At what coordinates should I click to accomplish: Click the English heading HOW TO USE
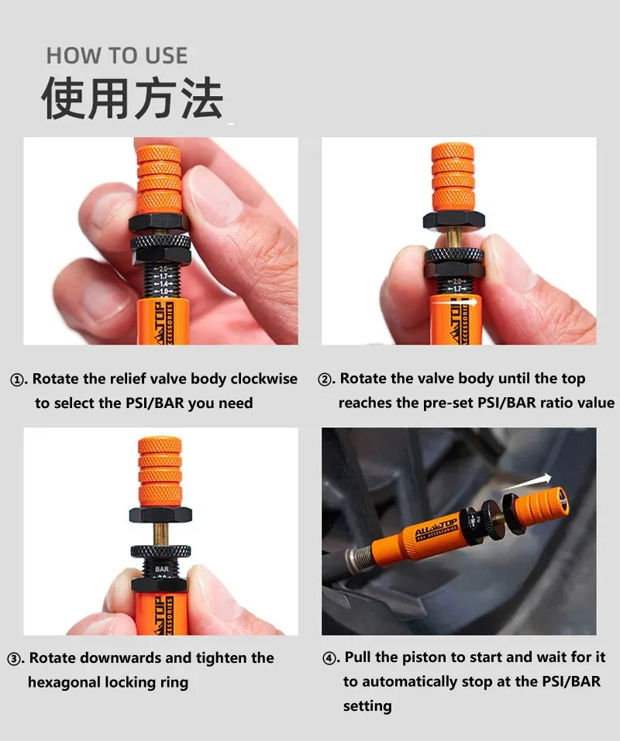tap(117, 56)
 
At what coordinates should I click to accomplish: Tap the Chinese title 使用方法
tap(133, 98)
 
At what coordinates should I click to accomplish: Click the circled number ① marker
tap(17, 380)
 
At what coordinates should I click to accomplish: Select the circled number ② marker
tap(325, 379)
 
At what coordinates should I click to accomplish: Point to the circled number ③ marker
tap(14, 659)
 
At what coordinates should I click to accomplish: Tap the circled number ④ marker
tap(329, 658)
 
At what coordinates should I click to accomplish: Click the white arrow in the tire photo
tap(526, 482)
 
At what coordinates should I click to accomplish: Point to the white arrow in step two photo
tap(455, 301)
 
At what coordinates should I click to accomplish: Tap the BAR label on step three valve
tap(162, 569)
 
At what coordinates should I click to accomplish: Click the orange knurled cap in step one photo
tap(160, 179)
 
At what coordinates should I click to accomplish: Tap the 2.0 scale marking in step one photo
tap(164, 269)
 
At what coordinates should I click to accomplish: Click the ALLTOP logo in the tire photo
tap(436, 527)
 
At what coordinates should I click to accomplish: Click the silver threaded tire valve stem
tap(360, 557)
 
